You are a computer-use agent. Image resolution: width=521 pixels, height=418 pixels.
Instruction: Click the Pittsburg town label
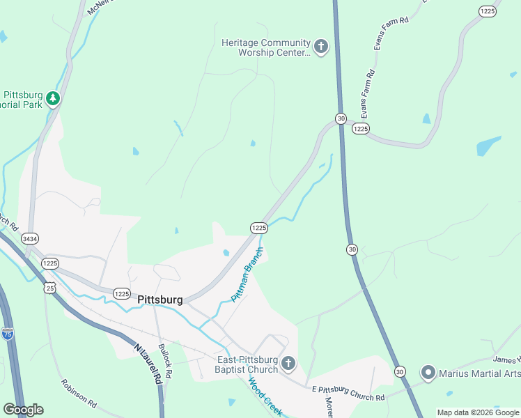[160, 300]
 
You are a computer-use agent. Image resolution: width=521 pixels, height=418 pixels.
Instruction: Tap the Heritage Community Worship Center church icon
[320, 47]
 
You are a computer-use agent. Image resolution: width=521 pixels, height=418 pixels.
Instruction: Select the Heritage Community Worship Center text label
[265, 47]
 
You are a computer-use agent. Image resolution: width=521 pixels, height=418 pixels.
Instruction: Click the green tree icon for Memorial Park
[53, 100]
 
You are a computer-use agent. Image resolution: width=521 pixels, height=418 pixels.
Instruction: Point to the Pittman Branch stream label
[248, 274]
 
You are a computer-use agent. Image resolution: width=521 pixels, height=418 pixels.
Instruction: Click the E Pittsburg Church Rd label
[348, 395]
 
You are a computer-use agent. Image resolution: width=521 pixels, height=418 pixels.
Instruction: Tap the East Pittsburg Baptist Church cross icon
[288, 364]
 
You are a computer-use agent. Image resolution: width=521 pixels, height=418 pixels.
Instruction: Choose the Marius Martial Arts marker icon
[428, 373]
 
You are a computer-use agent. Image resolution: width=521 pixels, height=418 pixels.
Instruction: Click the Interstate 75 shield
[8, 334]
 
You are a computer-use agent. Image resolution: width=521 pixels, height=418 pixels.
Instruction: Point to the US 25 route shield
[49, 287]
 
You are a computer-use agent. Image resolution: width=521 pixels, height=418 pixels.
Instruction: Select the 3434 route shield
[30, 238]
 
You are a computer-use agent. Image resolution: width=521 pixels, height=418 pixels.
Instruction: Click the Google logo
[23, 410]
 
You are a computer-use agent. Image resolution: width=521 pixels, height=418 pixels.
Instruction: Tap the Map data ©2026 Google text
[478, 412]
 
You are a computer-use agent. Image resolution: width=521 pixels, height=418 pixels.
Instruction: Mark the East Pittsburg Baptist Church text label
[247, 364]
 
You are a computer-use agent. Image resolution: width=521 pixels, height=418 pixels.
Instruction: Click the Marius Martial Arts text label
[479, 373]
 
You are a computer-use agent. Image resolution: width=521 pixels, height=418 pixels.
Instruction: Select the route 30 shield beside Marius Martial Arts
[400, 372]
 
